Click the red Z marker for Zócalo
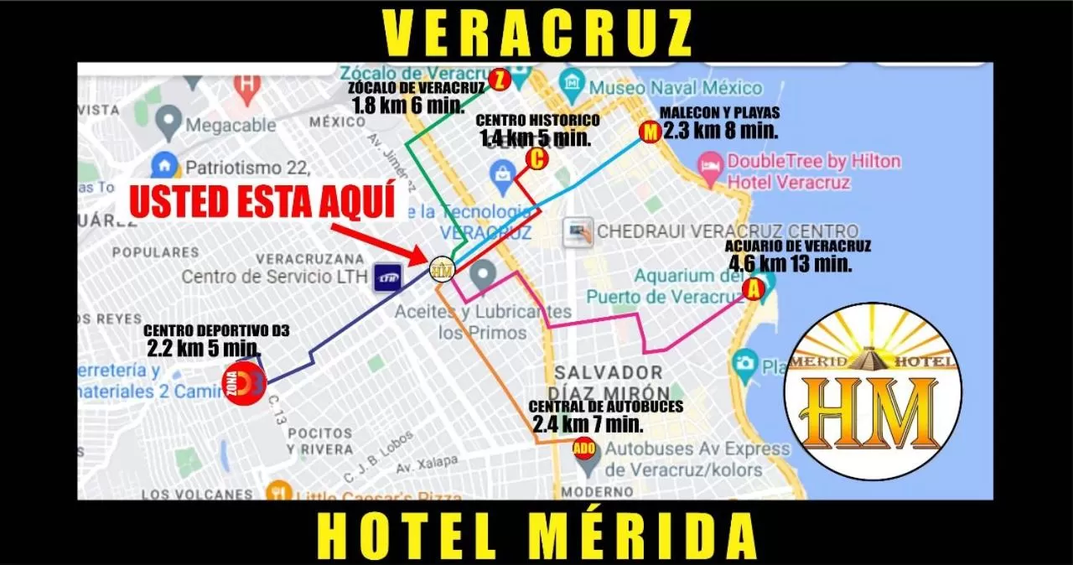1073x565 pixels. [x=500, y=80]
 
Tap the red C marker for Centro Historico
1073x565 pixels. [x=536, y=158]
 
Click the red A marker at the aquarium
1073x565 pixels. [x=754, y=290]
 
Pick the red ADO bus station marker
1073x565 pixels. [x=585, y=448]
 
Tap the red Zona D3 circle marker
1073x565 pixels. [x=243, y=383]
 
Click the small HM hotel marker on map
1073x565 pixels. [x=442, y=269]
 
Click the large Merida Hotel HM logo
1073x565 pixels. [x=872, y=391]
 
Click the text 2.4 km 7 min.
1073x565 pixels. [x=588, y=424]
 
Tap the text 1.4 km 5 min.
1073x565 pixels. [x=536, y=138]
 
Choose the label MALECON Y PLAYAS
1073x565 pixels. [x=719, y=112]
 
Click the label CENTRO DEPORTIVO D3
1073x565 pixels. [x=216, y=331]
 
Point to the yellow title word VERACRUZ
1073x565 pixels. [x=537, y=34]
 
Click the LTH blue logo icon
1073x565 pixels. [x=388, y=277]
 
